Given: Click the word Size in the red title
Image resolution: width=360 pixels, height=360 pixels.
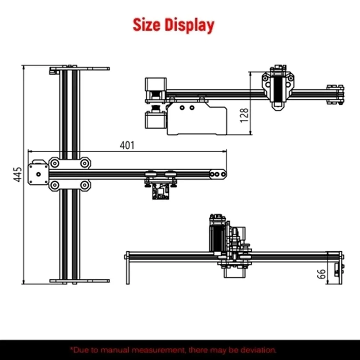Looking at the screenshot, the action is [147, 25].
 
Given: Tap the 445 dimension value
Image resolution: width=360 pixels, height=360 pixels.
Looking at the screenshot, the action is [18, 175].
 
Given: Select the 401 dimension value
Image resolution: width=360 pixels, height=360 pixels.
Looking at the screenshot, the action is [127, 145].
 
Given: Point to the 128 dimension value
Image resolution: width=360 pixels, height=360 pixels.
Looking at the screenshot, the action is [244, 115].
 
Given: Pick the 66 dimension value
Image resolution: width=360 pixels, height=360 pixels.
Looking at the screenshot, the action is [321, 274].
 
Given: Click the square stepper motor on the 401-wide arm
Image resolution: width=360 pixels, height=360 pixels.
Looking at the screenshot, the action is [39, 174].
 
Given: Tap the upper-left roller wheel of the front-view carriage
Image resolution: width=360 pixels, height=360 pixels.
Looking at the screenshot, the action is [55, 163].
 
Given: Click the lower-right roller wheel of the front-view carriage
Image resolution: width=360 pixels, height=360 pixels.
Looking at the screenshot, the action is [85, 185].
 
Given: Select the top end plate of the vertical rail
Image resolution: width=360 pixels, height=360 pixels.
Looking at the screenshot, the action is [80, 68].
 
